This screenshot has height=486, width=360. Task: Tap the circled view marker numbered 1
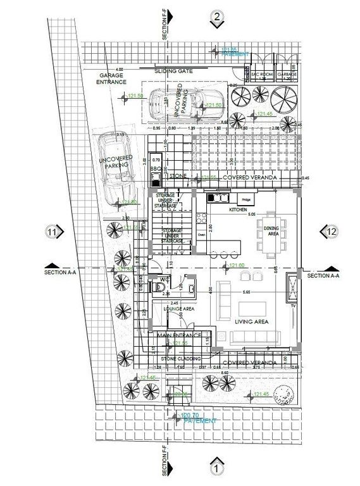216,469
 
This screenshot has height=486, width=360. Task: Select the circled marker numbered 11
53,232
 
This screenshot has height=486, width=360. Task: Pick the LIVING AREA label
253,322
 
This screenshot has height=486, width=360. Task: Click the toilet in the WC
158,287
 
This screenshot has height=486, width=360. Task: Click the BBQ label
154,170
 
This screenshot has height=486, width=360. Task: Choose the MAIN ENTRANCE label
179,335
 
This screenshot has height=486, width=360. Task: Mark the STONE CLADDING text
181,359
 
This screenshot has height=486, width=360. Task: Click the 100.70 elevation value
190,415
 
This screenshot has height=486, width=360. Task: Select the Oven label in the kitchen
202,234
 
